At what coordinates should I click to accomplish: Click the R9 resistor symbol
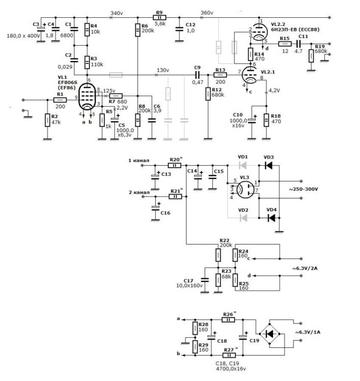[159, 17]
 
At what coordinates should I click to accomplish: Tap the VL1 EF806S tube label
[68, 83]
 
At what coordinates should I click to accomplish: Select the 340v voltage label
[116, 13]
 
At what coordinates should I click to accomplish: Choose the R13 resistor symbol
[220, 75]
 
